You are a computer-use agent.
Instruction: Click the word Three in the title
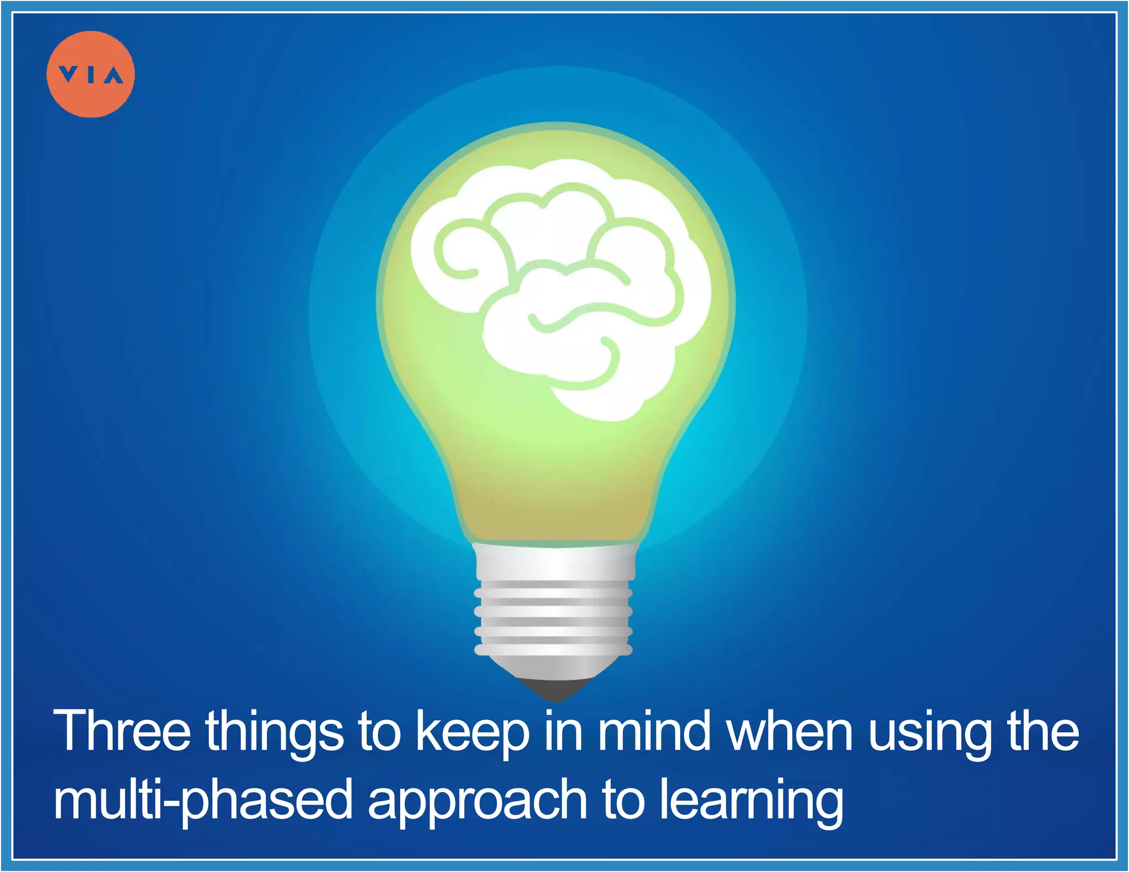[x=122, y=731]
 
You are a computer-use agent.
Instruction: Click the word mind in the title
[x=654, y=731]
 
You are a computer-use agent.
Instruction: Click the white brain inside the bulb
[x=560, y=287]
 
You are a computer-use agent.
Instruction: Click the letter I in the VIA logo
[x=92, y=74]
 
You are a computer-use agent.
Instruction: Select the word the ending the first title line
[x=1042, y=731]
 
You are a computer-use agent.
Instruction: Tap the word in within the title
[x=563, y=731]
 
